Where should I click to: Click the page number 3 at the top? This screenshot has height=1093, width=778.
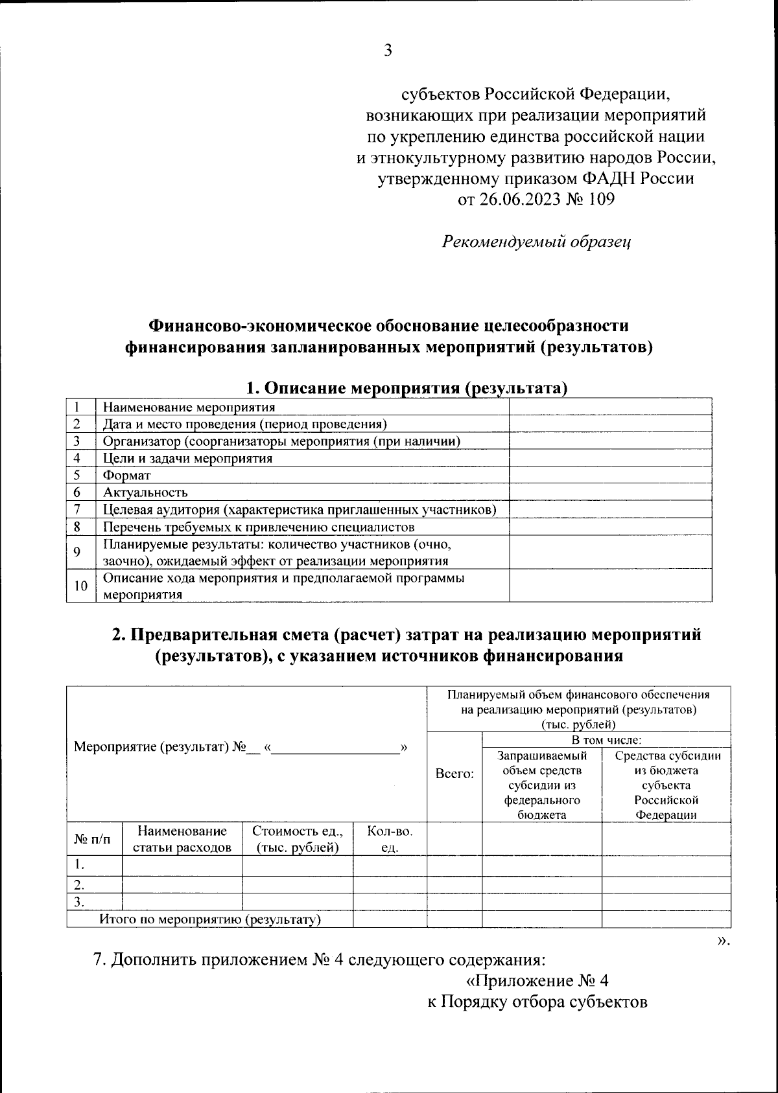pos(388,51)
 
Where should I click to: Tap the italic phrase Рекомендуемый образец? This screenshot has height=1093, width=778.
pos(537,242)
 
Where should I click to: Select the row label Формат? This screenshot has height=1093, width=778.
pos(127,475)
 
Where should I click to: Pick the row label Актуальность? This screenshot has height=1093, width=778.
pos(145,492)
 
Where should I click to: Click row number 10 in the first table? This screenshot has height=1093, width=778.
pos(80,586)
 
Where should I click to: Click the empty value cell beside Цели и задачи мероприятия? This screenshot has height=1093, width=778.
pos(609,458)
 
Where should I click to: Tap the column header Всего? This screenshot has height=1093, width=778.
pos(454,774)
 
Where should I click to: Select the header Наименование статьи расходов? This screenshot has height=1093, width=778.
pos(182,839)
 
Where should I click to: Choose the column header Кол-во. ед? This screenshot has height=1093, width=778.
pos(390,839)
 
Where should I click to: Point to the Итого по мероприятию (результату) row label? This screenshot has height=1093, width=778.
pos(210,919)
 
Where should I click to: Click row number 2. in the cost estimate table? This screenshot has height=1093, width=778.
pos(79,884)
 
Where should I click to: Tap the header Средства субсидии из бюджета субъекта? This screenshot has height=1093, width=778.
pos(666,785)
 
